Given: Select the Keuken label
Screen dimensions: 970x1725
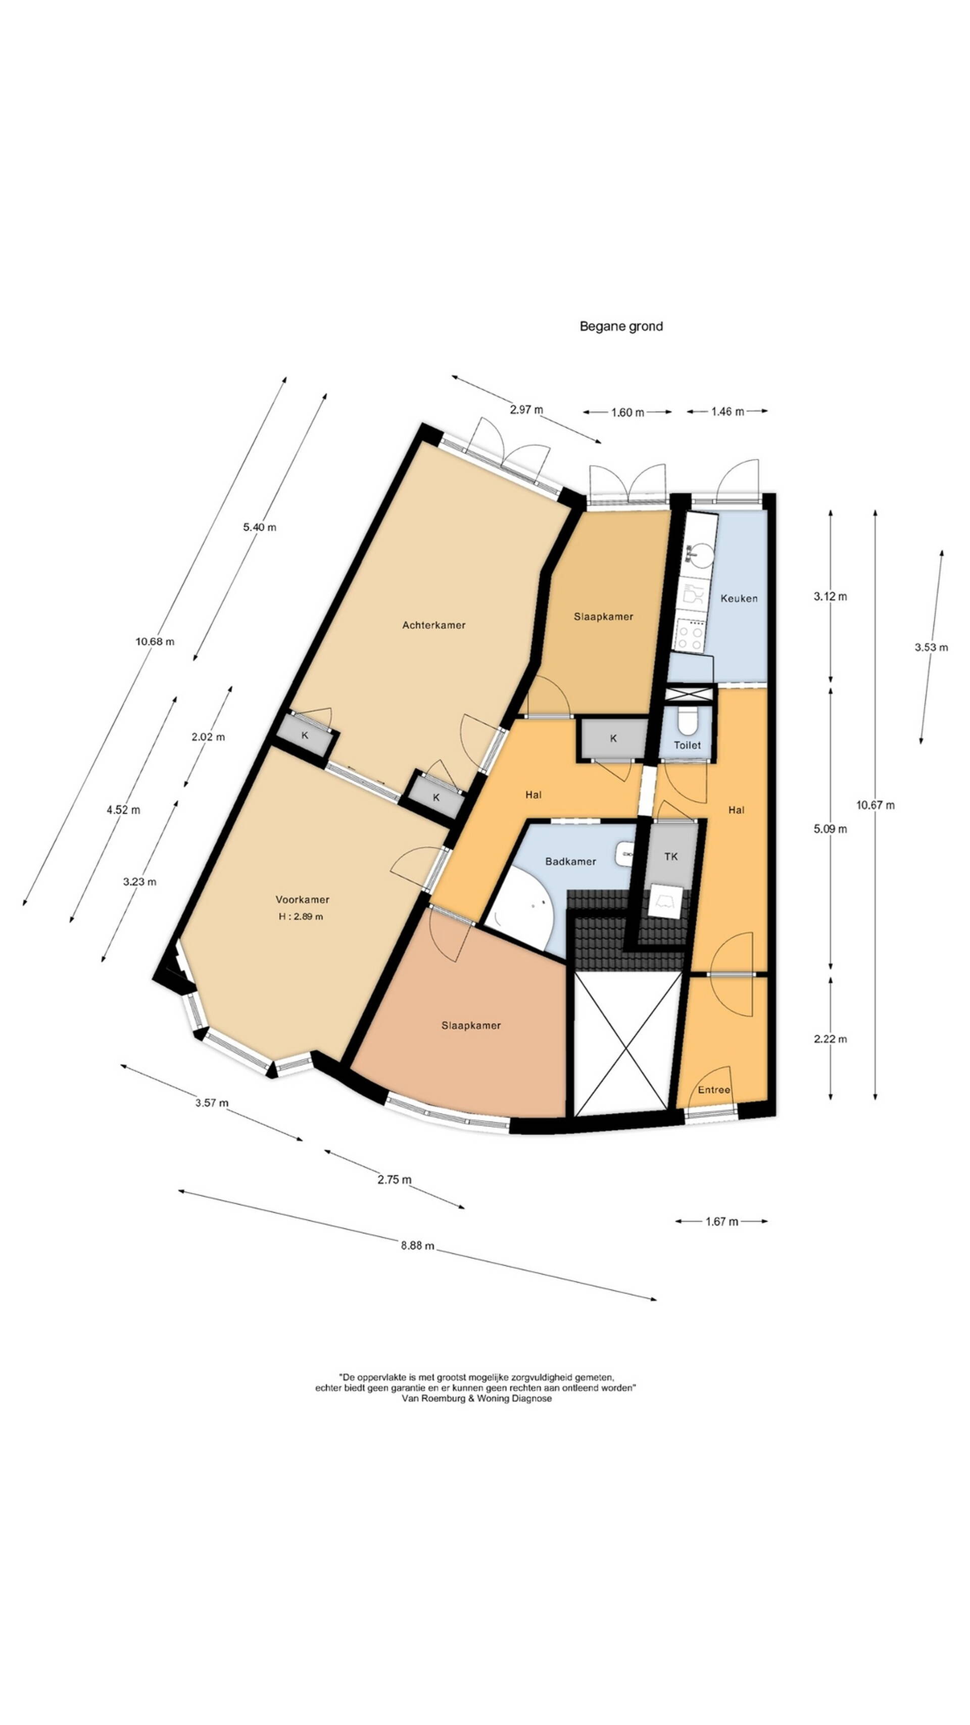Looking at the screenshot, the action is point(739,598).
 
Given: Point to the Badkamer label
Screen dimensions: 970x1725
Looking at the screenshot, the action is point(570,861).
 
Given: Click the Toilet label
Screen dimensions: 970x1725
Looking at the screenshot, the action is point(687,744).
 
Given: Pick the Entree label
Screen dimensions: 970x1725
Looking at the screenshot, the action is point(714,1090).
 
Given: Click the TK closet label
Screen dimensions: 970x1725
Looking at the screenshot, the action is point(671,857).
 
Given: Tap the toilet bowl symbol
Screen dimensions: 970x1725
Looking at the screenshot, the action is point(688,721).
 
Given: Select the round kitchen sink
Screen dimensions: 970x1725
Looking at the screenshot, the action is point(694,552).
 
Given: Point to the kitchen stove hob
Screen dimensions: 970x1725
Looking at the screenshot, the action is point(690,635).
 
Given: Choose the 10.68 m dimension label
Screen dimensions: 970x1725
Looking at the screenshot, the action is point(155,641).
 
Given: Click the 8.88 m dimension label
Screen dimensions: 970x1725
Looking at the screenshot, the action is point(417,1245).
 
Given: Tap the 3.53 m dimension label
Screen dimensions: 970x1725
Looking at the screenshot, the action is point(931,647).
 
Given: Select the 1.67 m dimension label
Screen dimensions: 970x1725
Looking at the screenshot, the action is point(721,1222).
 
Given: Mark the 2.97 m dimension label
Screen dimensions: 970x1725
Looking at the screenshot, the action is point(526,409).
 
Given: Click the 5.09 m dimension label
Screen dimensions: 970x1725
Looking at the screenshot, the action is point(830,828).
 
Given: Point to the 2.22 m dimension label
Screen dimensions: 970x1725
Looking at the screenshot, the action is point(830,1039).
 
